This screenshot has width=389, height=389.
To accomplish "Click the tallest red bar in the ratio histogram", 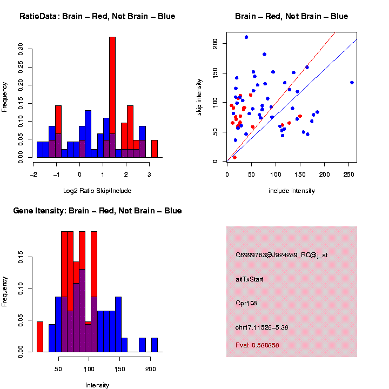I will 112,97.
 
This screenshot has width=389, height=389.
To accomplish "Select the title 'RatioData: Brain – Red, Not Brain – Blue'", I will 97,16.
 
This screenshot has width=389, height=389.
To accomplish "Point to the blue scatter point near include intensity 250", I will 352,83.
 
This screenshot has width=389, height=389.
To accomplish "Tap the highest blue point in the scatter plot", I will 246,37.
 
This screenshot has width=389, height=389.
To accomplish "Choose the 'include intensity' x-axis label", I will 292,191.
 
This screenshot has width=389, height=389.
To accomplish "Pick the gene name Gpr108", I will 246,303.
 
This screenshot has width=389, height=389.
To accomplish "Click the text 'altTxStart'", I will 249,279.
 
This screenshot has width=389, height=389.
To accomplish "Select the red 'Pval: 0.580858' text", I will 257,345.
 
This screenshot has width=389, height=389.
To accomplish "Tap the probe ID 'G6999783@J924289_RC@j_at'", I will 281,255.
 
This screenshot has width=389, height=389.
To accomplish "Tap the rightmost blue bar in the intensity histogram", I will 155,345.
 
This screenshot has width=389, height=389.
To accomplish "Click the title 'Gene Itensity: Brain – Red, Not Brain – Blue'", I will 97,211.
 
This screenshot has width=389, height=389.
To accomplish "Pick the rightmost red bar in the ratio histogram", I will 155,149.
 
